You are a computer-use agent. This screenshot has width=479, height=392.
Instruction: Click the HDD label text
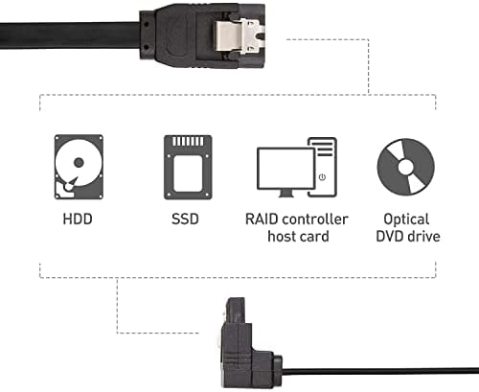[78, 219]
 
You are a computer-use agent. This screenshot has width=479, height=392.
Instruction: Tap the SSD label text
[185, 219]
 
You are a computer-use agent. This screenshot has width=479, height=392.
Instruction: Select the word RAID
[262, 219]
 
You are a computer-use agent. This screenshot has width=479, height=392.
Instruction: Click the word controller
[315, 219]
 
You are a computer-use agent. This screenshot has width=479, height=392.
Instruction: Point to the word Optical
[406, 220]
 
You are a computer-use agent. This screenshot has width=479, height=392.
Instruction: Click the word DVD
[390, 237]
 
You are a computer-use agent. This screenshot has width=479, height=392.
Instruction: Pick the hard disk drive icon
[79, 167]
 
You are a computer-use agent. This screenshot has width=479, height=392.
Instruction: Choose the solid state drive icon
[188, 168]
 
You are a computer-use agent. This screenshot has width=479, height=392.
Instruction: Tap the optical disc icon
[406, 167]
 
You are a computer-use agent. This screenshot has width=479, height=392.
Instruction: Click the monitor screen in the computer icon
[285, 168]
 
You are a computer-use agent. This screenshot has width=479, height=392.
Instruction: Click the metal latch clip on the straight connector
[239, 35]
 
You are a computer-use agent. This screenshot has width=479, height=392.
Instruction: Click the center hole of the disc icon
[406, 167]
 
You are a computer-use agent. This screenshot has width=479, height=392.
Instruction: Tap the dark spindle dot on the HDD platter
[79, 163]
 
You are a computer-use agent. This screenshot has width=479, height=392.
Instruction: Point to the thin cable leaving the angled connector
[380, 373]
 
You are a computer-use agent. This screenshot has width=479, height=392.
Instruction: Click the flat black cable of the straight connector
[70, 35]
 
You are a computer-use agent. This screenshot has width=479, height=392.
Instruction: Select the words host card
[298, 237]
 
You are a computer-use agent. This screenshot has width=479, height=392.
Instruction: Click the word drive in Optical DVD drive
[424, 237]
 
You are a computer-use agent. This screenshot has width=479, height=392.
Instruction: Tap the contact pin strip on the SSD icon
[188, 142]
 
